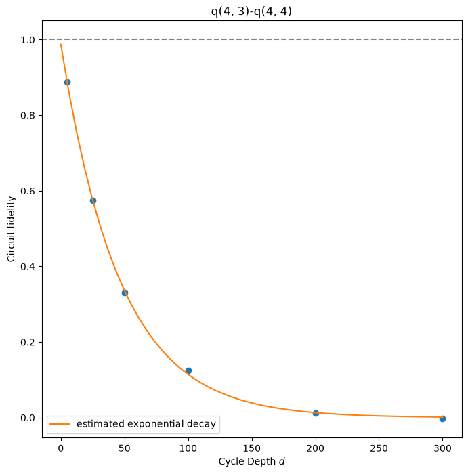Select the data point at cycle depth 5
click(68, 82)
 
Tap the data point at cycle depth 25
click(93, 200)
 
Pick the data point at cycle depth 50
click(125, 293)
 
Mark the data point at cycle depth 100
click(189, 370)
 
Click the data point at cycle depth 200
click(316, 413)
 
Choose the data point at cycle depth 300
click(443, 418)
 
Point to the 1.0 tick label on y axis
click(28, 40)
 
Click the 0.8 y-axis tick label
click(28, 116)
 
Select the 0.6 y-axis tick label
click(28, 191)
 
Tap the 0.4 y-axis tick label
click(28, 267)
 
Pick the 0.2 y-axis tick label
click(28, 342)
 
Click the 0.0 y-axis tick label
click(28, 418)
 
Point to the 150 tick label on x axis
click(252, 448)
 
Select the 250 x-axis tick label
click(379, 448)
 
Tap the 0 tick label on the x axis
click(61, 448)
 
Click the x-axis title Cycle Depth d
click(252, 462)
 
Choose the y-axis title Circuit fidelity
click(11, 229)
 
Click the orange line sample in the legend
click(60, 424)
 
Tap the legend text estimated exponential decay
click(146, 424)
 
